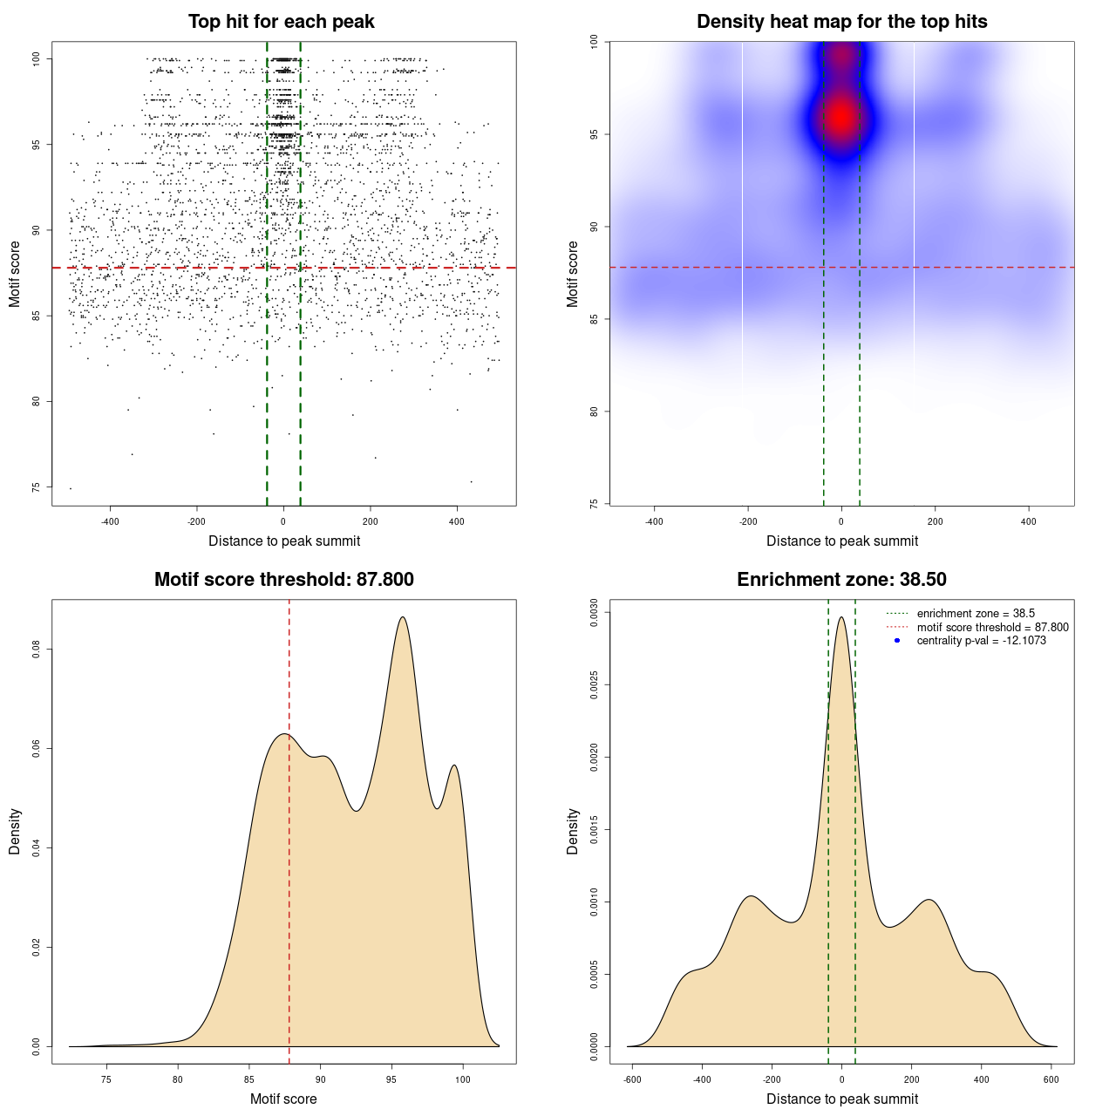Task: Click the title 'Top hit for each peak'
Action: (281, 22)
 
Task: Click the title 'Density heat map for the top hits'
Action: (841, 22)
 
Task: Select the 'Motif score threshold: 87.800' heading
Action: (283, 580)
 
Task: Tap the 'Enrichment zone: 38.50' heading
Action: (841, 580)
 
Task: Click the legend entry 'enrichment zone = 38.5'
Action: (975, 614)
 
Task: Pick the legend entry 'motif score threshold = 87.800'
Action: (992, 627)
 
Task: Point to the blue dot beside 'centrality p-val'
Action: (896, 641)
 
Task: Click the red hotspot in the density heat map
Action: (840, 115)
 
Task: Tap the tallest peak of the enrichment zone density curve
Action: (841, 618)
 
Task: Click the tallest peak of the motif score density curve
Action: (402, 617)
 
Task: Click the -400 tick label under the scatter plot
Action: (110, 522)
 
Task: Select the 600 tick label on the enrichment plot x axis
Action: (1051, 1079)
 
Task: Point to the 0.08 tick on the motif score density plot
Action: (36, 650)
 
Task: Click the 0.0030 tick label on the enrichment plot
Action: (594, 613)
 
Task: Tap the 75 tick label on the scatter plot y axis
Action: (36, 487)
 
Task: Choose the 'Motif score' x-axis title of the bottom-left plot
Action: (283, 1099)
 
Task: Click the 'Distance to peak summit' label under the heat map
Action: (841, 541)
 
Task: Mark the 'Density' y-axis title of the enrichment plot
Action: (573, 831)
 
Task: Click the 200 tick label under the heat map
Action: (935, 522)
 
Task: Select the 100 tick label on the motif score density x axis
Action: (463, 1079)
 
